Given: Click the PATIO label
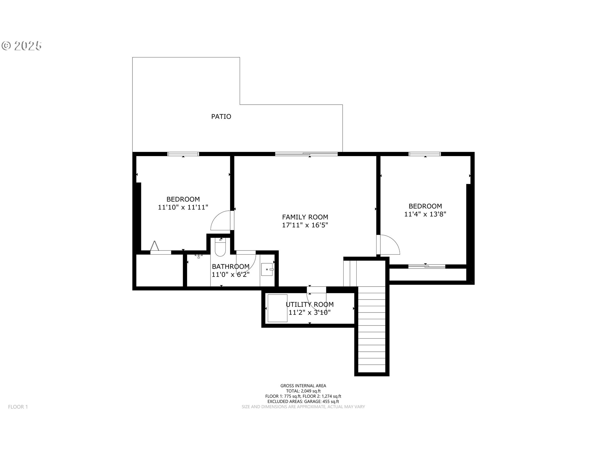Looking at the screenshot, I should click(221, 117).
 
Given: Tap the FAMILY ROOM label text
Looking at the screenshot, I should click(305, 217).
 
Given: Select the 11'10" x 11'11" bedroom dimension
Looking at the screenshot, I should click(183, 207).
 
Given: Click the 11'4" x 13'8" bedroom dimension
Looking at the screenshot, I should click(425, 214).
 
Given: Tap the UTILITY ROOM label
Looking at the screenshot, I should click(310, 304).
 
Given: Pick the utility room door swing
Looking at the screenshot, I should click(316, 302).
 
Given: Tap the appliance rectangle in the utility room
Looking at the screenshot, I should click(277, 308).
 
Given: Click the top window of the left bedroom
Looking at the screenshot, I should click(183, 154).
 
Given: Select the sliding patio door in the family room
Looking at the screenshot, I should click(306, 154).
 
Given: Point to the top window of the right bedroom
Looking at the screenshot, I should click(425, 154).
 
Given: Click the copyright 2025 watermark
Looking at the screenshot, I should click(22, 46).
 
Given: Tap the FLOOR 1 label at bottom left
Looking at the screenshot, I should click(18, 407).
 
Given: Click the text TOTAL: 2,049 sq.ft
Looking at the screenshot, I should click(303, 391).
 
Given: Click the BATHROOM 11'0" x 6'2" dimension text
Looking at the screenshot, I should click(230, 275).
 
